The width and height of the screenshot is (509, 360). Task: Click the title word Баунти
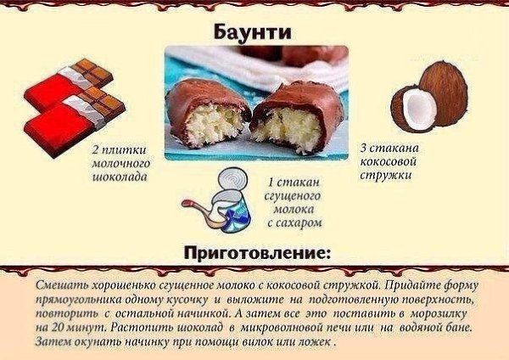[x=252, y=32]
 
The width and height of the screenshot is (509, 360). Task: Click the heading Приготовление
[x=256, y=252]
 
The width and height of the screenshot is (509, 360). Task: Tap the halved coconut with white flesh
[x=413, y=109]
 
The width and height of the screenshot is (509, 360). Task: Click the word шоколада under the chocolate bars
[x=120, y=177]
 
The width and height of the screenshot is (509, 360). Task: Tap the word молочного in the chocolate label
[x=121, y=163]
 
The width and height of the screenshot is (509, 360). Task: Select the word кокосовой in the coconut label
[x=389, y=161]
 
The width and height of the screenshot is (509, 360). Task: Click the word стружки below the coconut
[x=386, y=176]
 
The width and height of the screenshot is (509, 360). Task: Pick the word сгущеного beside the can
[x=293, y=196]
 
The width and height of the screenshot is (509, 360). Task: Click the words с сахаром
[x=295, y=222]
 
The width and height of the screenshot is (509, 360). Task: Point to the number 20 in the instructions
[x=57, y=328]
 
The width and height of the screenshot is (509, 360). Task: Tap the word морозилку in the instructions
[x=439, y=313]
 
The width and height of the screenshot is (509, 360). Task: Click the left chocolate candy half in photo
[x=208, y=115]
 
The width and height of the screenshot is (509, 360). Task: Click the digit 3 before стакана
[x=364, y=149]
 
